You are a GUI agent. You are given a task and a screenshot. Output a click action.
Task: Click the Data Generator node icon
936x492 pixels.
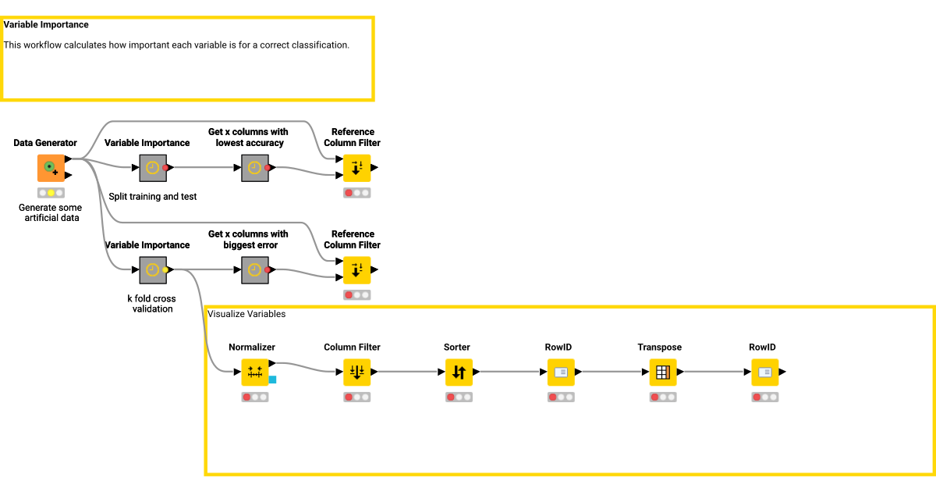click(51, 168)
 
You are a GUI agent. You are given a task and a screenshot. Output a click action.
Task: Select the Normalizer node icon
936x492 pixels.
click(254, 373)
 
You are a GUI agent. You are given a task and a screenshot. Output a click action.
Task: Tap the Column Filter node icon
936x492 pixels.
click(356, 373)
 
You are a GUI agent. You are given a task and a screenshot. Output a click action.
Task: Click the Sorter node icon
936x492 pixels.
click(459, 373)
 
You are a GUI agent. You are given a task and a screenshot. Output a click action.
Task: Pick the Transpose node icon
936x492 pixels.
click(663, 373)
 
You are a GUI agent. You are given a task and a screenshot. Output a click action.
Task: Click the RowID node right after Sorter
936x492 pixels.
click(561, 373)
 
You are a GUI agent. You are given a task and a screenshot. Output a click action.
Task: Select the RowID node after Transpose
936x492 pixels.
click(765, 373)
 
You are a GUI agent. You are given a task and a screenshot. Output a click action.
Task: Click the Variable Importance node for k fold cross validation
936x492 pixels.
click(153, 270)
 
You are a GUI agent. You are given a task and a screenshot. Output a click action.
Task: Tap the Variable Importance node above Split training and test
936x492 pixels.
click(153, 168)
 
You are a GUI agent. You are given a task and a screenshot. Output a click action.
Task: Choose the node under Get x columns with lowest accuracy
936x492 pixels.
click(254, 168)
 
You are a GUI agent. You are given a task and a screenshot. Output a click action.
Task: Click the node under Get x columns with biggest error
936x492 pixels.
click(254, 270)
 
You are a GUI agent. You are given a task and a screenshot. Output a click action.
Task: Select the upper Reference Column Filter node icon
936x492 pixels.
click(356, 168)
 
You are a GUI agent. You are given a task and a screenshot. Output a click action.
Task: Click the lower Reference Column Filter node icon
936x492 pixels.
click(356, 270)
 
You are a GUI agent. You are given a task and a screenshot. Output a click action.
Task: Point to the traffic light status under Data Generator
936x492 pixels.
click(51, 193)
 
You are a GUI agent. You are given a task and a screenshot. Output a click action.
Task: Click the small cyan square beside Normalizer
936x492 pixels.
click(272, 380)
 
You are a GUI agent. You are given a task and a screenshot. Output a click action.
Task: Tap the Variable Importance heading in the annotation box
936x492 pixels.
click(46, 25)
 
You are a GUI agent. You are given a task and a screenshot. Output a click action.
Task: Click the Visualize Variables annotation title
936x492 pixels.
click(246, 314)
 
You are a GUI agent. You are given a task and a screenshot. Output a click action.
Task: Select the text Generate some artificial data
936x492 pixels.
click(50, 212)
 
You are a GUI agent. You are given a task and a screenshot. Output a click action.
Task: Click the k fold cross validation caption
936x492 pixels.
click(151, 304)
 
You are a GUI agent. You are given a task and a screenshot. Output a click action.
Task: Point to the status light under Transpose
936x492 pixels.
click(663, 398)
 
